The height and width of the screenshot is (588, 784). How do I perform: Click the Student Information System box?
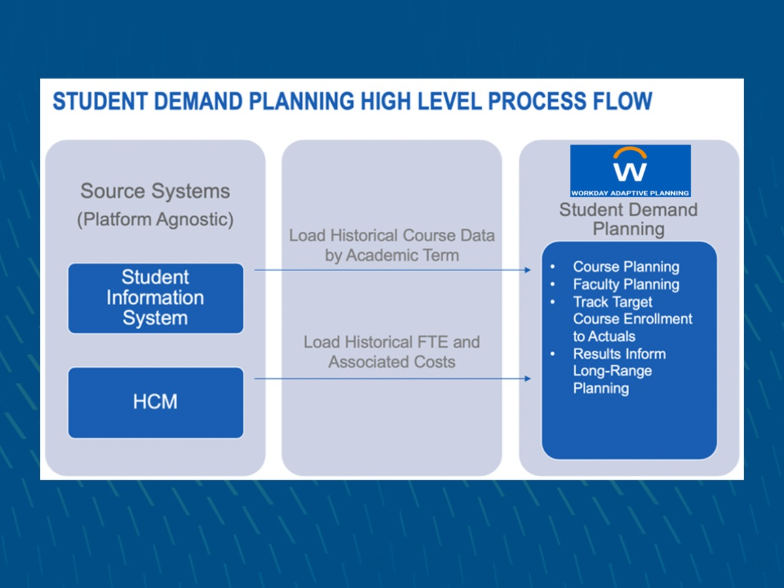(x=155, y=298)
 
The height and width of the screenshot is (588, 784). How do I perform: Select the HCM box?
(x=155, y=402)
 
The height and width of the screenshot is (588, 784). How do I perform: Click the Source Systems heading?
(x=155, y=191)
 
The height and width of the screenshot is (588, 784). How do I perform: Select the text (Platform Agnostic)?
(x=155, y=220)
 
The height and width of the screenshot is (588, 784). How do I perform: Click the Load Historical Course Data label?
(x=392, y=245)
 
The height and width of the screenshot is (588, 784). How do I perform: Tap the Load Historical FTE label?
(x=392, y=351)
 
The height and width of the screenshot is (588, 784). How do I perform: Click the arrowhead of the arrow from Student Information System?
(x=527, y=270)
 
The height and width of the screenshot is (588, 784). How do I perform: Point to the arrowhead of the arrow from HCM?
(x=527, y=378)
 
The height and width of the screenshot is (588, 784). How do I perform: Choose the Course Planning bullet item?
(x=625, y=267)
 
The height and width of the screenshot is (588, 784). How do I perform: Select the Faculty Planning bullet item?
(x=625, y=284)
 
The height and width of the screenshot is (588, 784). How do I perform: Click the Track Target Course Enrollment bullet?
(x=632, y=319)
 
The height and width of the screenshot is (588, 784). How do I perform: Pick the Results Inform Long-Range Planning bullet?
(x=619, y=371)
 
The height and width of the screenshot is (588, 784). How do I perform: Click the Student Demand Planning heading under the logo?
(x=628, y=219)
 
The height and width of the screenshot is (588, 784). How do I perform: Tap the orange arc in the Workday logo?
(x=630, y=153)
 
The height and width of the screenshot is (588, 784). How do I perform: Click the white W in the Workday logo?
(x=630, y=172)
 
